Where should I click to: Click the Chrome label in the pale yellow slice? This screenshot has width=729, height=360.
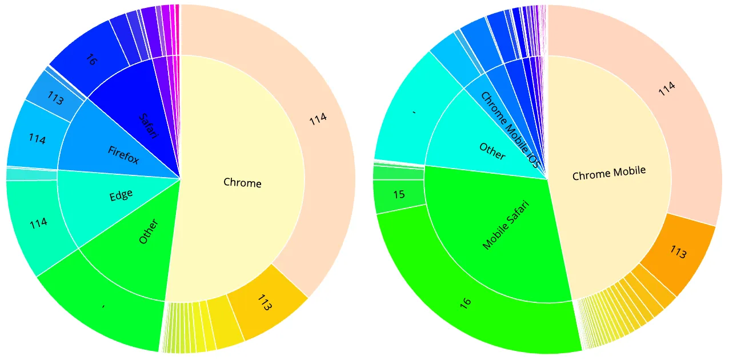tap(242, 183)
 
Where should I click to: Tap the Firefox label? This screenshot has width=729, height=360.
tap(123, 154)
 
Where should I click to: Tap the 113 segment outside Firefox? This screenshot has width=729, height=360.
tap(55, 99)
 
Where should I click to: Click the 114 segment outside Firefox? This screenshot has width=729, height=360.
tap(37, 139)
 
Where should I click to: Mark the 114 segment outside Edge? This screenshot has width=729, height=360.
tap(38, 223)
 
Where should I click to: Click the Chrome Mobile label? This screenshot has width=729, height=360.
tap(609, 172)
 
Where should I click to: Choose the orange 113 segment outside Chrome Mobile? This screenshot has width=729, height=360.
tap(678, 252)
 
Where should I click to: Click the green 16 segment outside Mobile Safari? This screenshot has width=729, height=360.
tap(466, 301)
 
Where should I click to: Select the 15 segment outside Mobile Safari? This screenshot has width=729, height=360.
tap(399, 195)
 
